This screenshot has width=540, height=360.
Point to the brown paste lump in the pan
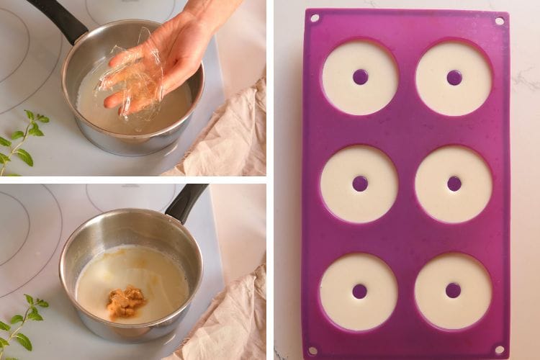tap(126, 302)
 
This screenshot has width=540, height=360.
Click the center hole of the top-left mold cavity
tap(360, 77)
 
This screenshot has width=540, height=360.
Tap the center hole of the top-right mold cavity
tap(454, 77)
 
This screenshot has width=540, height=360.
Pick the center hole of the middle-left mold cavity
tap(360, 184)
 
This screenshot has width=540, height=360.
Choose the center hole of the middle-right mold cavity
tap(454, 184)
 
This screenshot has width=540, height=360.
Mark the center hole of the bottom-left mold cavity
tap(359, 291)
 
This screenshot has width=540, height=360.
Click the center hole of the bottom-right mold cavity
tap(453, 290)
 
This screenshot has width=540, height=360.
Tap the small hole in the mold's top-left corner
tap(314, 18)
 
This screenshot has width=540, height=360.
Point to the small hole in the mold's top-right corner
tap(499, 21)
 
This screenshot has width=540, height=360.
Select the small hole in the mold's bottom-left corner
tap(312, 351)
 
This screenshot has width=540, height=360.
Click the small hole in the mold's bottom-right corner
tap(498, 349)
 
